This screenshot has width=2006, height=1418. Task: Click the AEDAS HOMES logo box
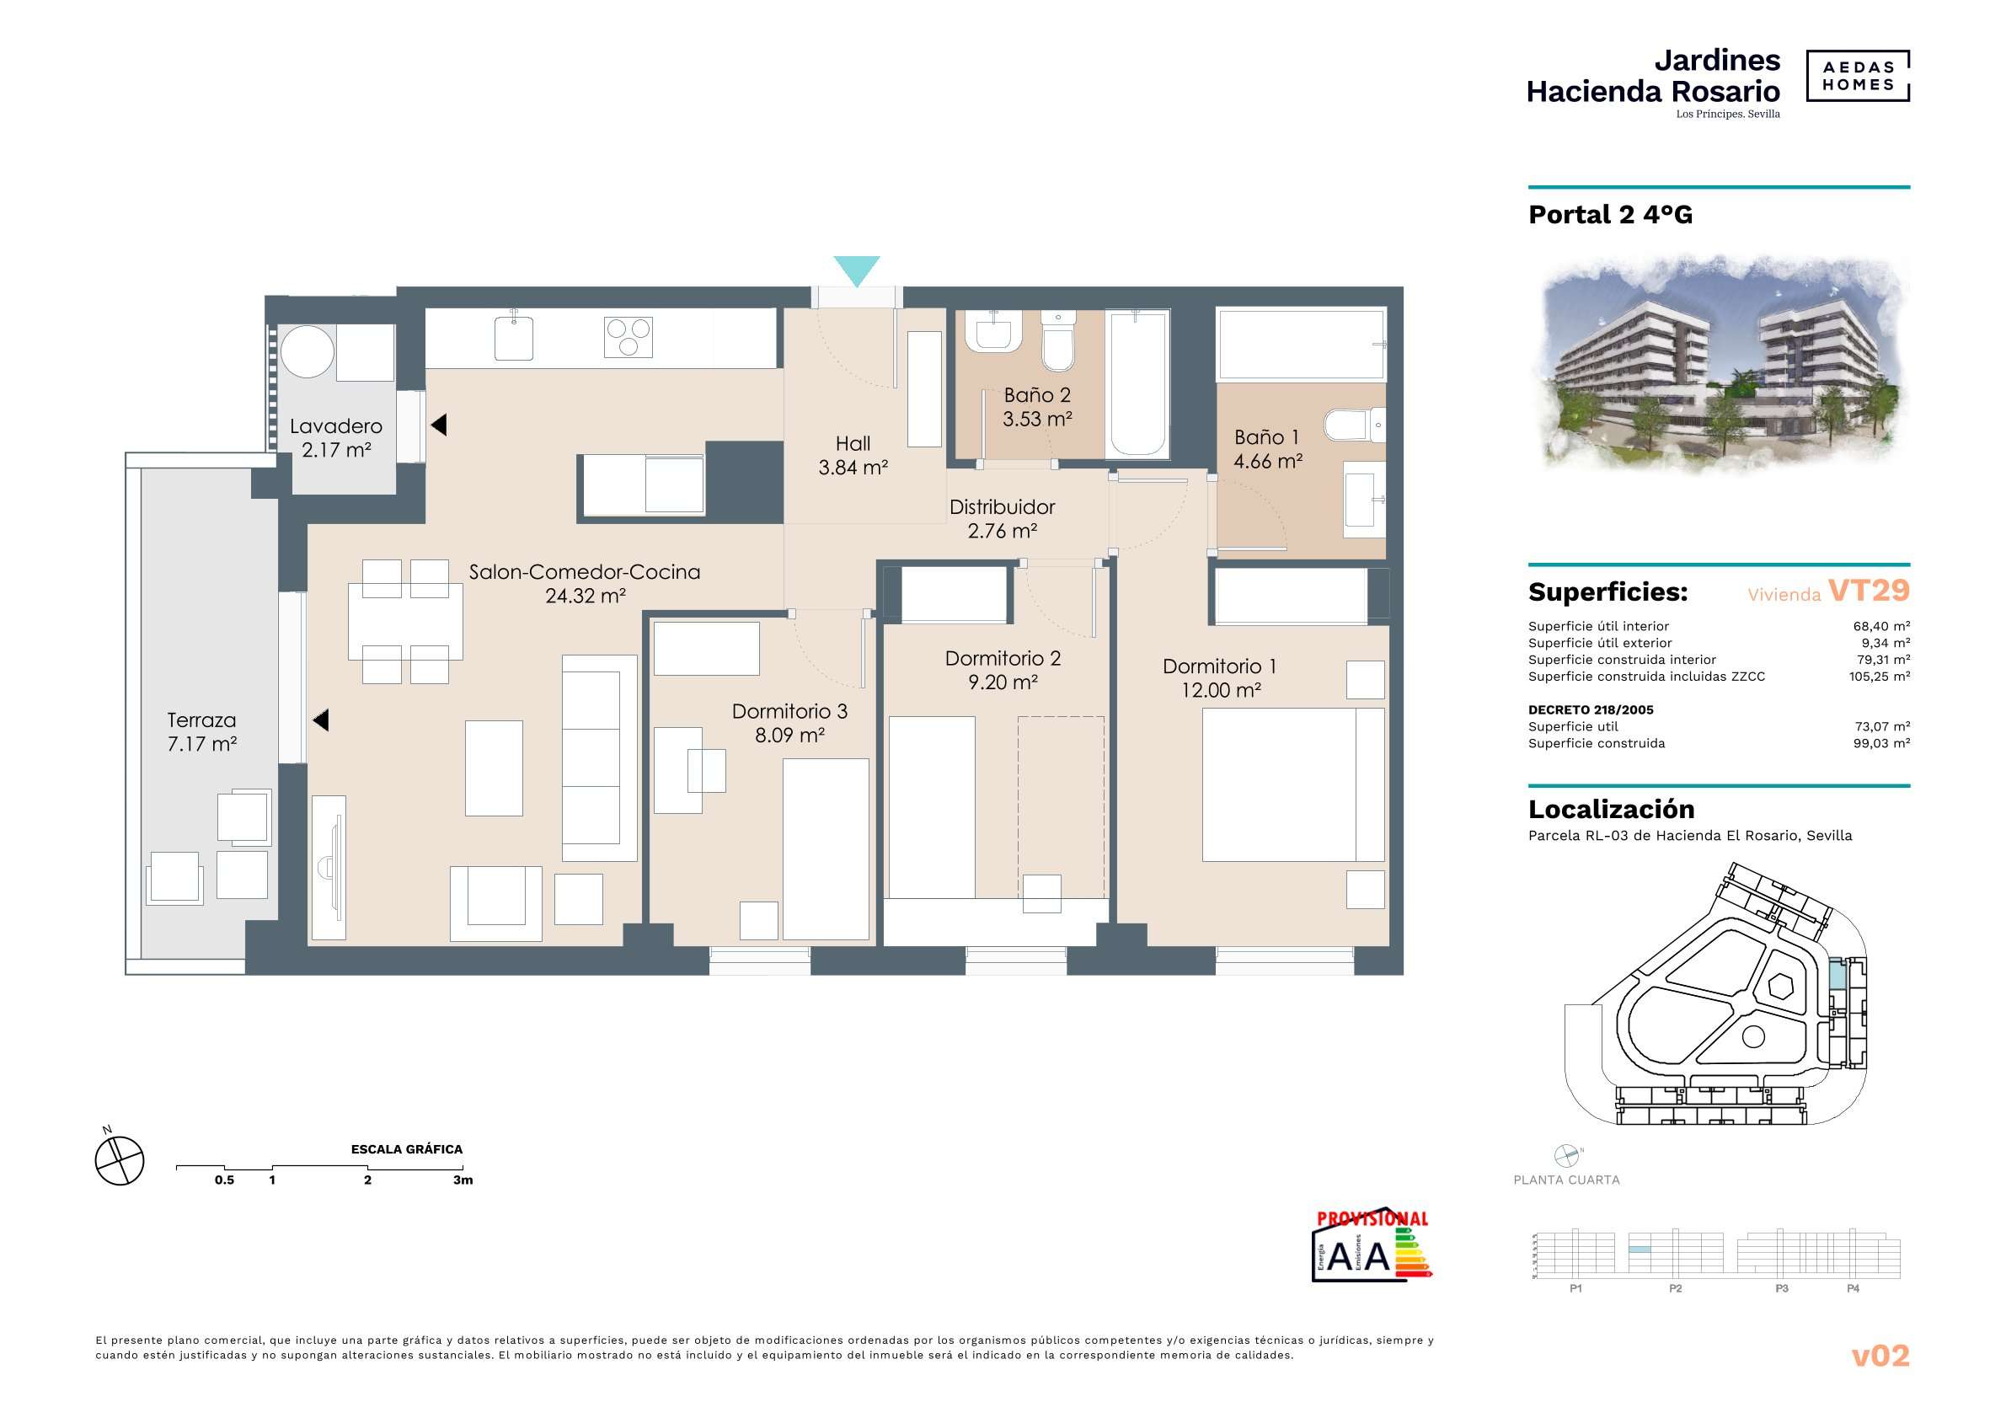tap(1858, 76)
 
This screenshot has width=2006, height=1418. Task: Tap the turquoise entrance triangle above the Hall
tap(856, 270)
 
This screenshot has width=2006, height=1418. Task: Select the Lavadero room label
tap(336, 426)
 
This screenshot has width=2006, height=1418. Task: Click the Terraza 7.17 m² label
tap(202, 732)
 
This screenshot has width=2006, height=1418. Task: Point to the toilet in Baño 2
tap(1058, 341)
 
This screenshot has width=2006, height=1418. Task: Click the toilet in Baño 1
tap(1354, 425)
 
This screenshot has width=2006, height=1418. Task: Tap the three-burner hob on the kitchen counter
tap(629, 337)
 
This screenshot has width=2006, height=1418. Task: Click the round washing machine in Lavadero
tap(307, 351)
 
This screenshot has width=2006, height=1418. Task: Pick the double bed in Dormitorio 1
tap(1293, 784)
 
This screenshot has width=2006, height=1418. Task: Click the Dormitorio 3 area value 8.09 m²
tap(789, 736)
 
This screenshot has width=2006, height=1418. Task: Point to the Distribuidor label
tap(1002, 506)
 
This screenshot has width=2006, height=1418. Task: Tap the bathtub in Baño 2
tap(1137, 383)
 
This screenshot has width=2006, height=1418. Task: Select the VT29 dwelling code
tap(1869, 591)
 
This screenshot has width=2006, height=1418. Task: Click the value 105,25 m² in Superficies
tap(1880, 677)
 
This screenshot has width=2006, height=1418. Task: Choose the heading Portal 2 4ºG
tap(1610, 215)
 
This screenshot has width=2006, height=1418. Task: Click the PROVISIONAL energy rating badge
tap(1372, 1246)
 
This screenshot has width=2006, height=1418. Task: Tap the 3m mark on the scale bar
tap(463, 1180)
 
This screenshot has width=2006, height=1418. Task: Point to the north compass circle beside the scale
tap(120, 1161)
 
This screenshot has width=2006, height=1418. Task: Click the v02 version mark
tap(1880, 1356)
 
